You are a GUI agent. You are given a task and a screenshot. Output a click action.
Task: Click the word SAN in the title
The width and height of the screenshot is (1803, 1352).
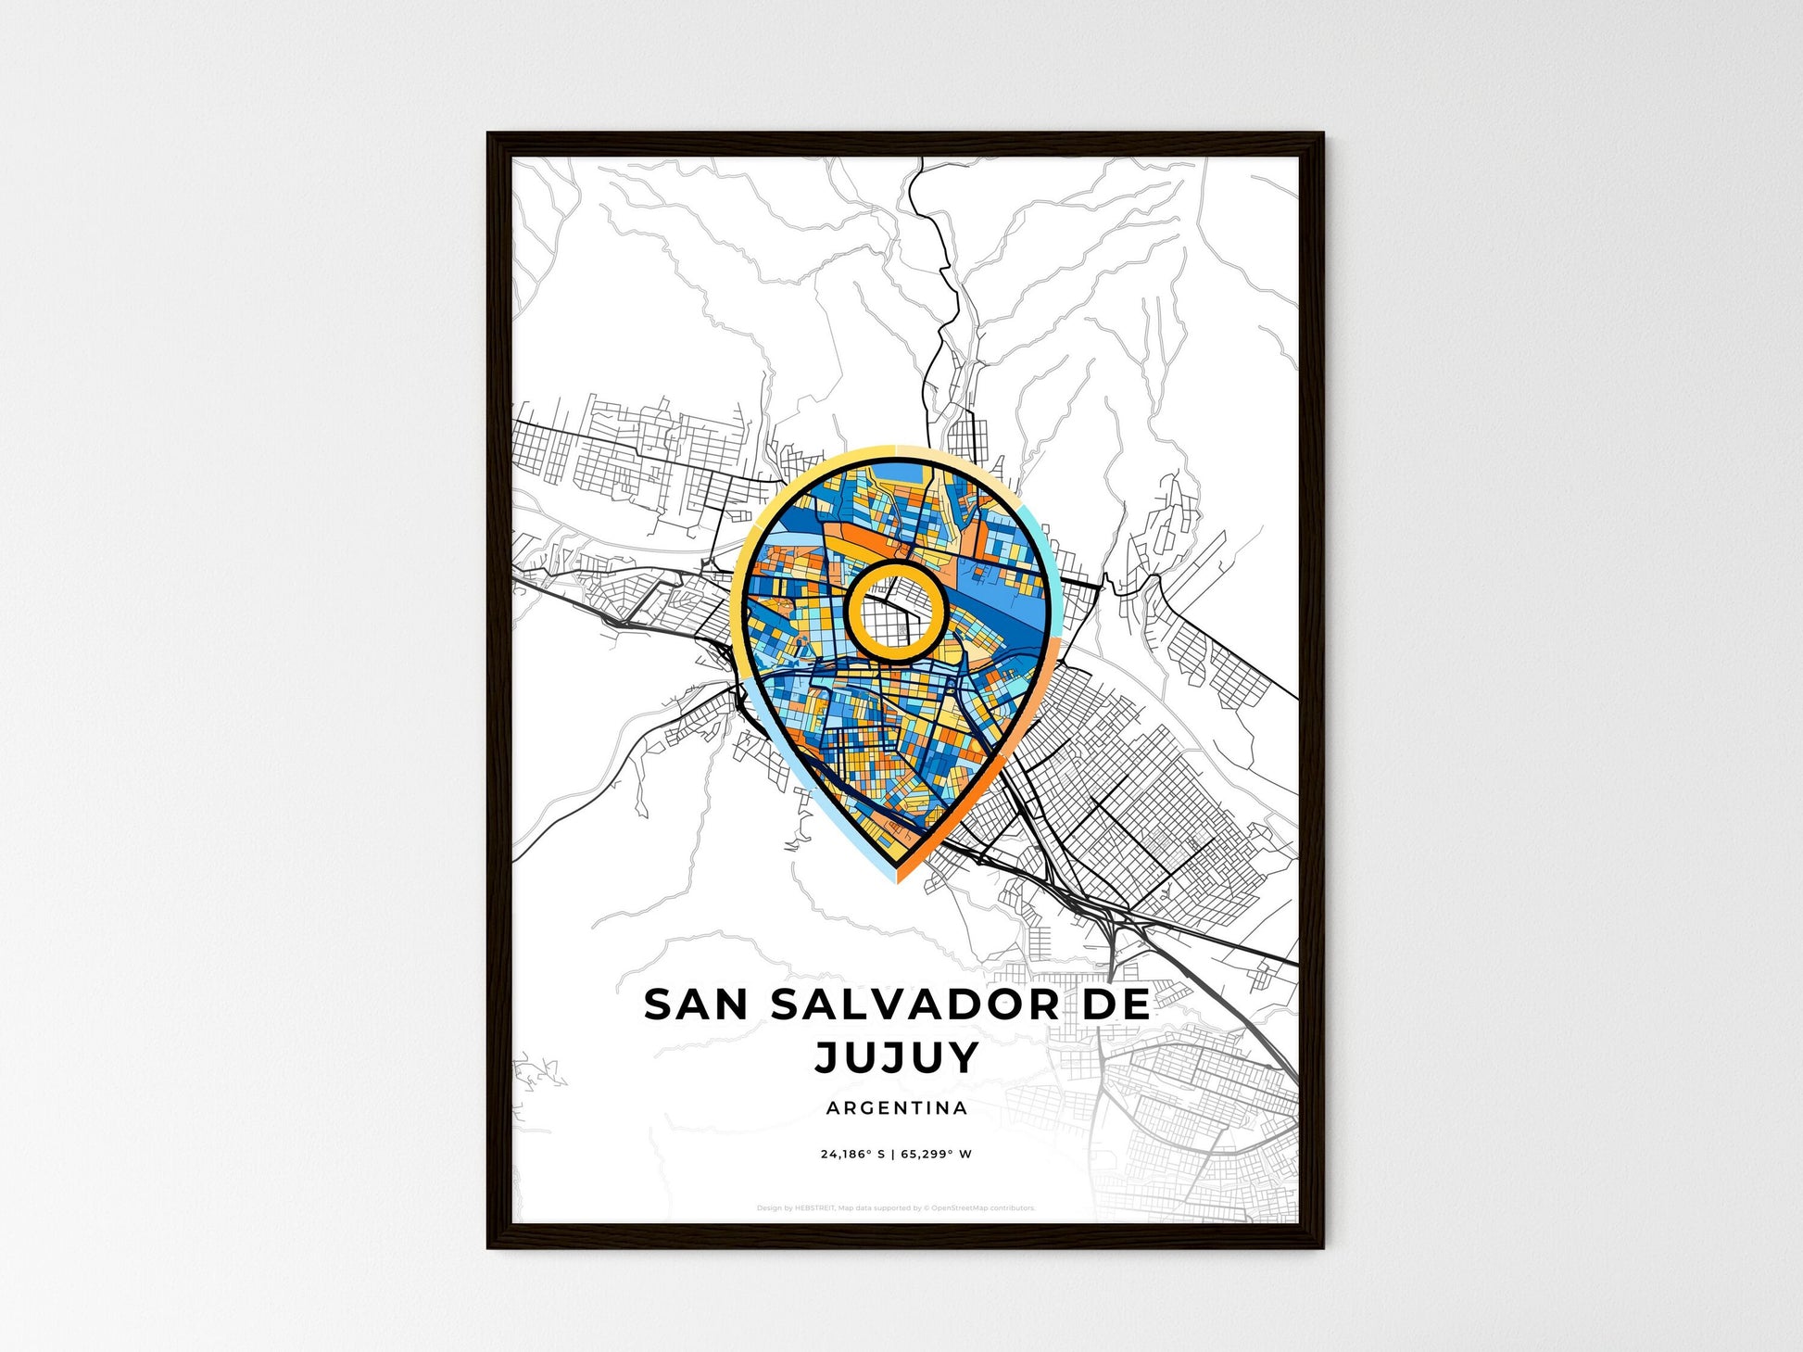coord(697,1005)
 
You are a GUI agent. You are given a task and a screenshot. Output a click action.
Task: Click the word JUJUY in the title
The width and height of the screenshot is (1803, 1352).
coord(896,1057)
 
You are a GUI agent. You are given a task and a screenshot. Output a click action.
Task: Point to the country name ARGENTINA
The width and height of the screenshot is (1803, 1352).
coord(896,1108)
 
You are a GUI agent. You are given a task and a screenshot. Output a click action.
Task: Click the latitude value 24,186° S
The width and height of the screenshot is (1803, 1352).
coord(852,1155)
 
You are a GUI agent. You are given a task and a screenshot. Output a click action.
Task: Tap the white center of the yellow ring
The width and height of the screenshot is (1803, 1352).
coord(895,613)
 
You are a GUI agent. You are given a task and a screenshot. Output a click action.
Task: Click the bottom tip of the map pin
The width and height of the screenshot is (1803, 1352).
coord(896,881)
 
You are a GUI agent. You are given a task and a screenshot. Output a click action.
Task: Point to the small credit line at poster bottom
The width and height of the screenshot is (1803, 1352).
coord(895,1208)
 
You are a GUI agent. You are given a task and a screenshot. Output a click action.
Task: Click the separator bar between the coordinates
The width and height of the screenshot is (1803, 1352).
coord(893,1155)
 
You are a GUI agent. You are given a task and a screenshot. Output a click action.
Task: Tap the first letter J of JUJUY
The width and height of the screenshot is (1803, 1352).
coord(827,1057)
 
